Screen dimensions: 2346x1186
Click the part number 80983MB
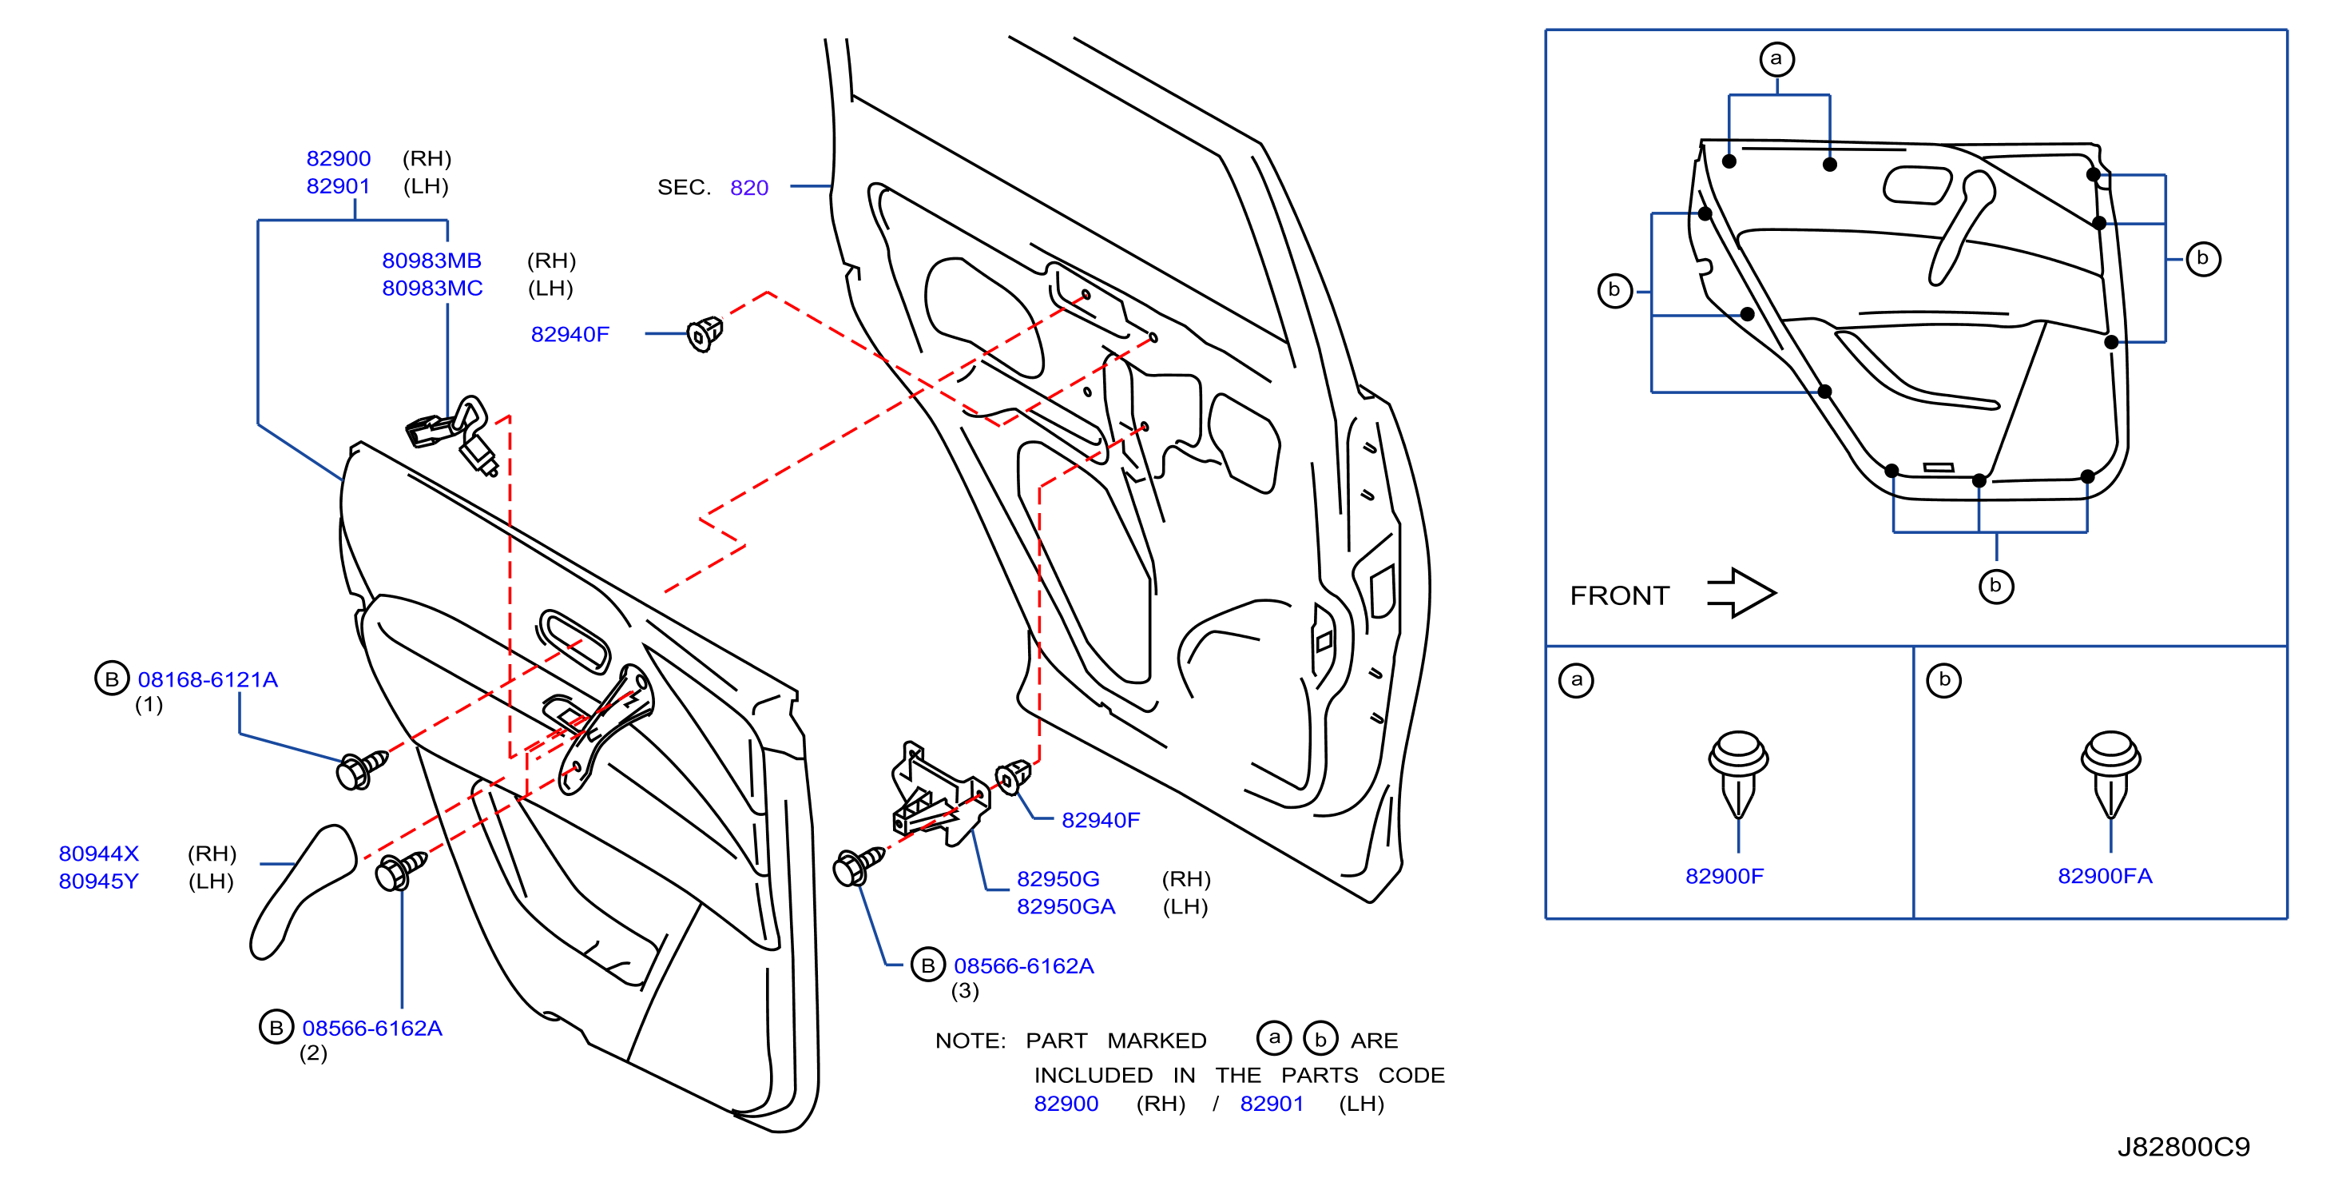431,261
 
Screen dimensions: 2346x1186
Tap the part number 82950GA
1066,906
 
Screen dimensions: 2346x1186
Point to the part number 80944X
98,854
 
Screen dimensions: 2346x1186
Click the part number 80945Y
98,881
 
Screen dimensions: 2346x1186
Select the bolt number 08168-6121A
208,679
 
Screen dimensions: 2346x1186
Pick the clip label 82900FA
2105,875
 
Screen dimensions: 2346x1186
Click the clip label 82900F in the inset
1724,875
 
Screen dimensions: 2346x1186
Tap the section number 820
748,188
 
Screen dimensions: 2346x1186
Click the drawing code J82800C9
2183,1146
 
